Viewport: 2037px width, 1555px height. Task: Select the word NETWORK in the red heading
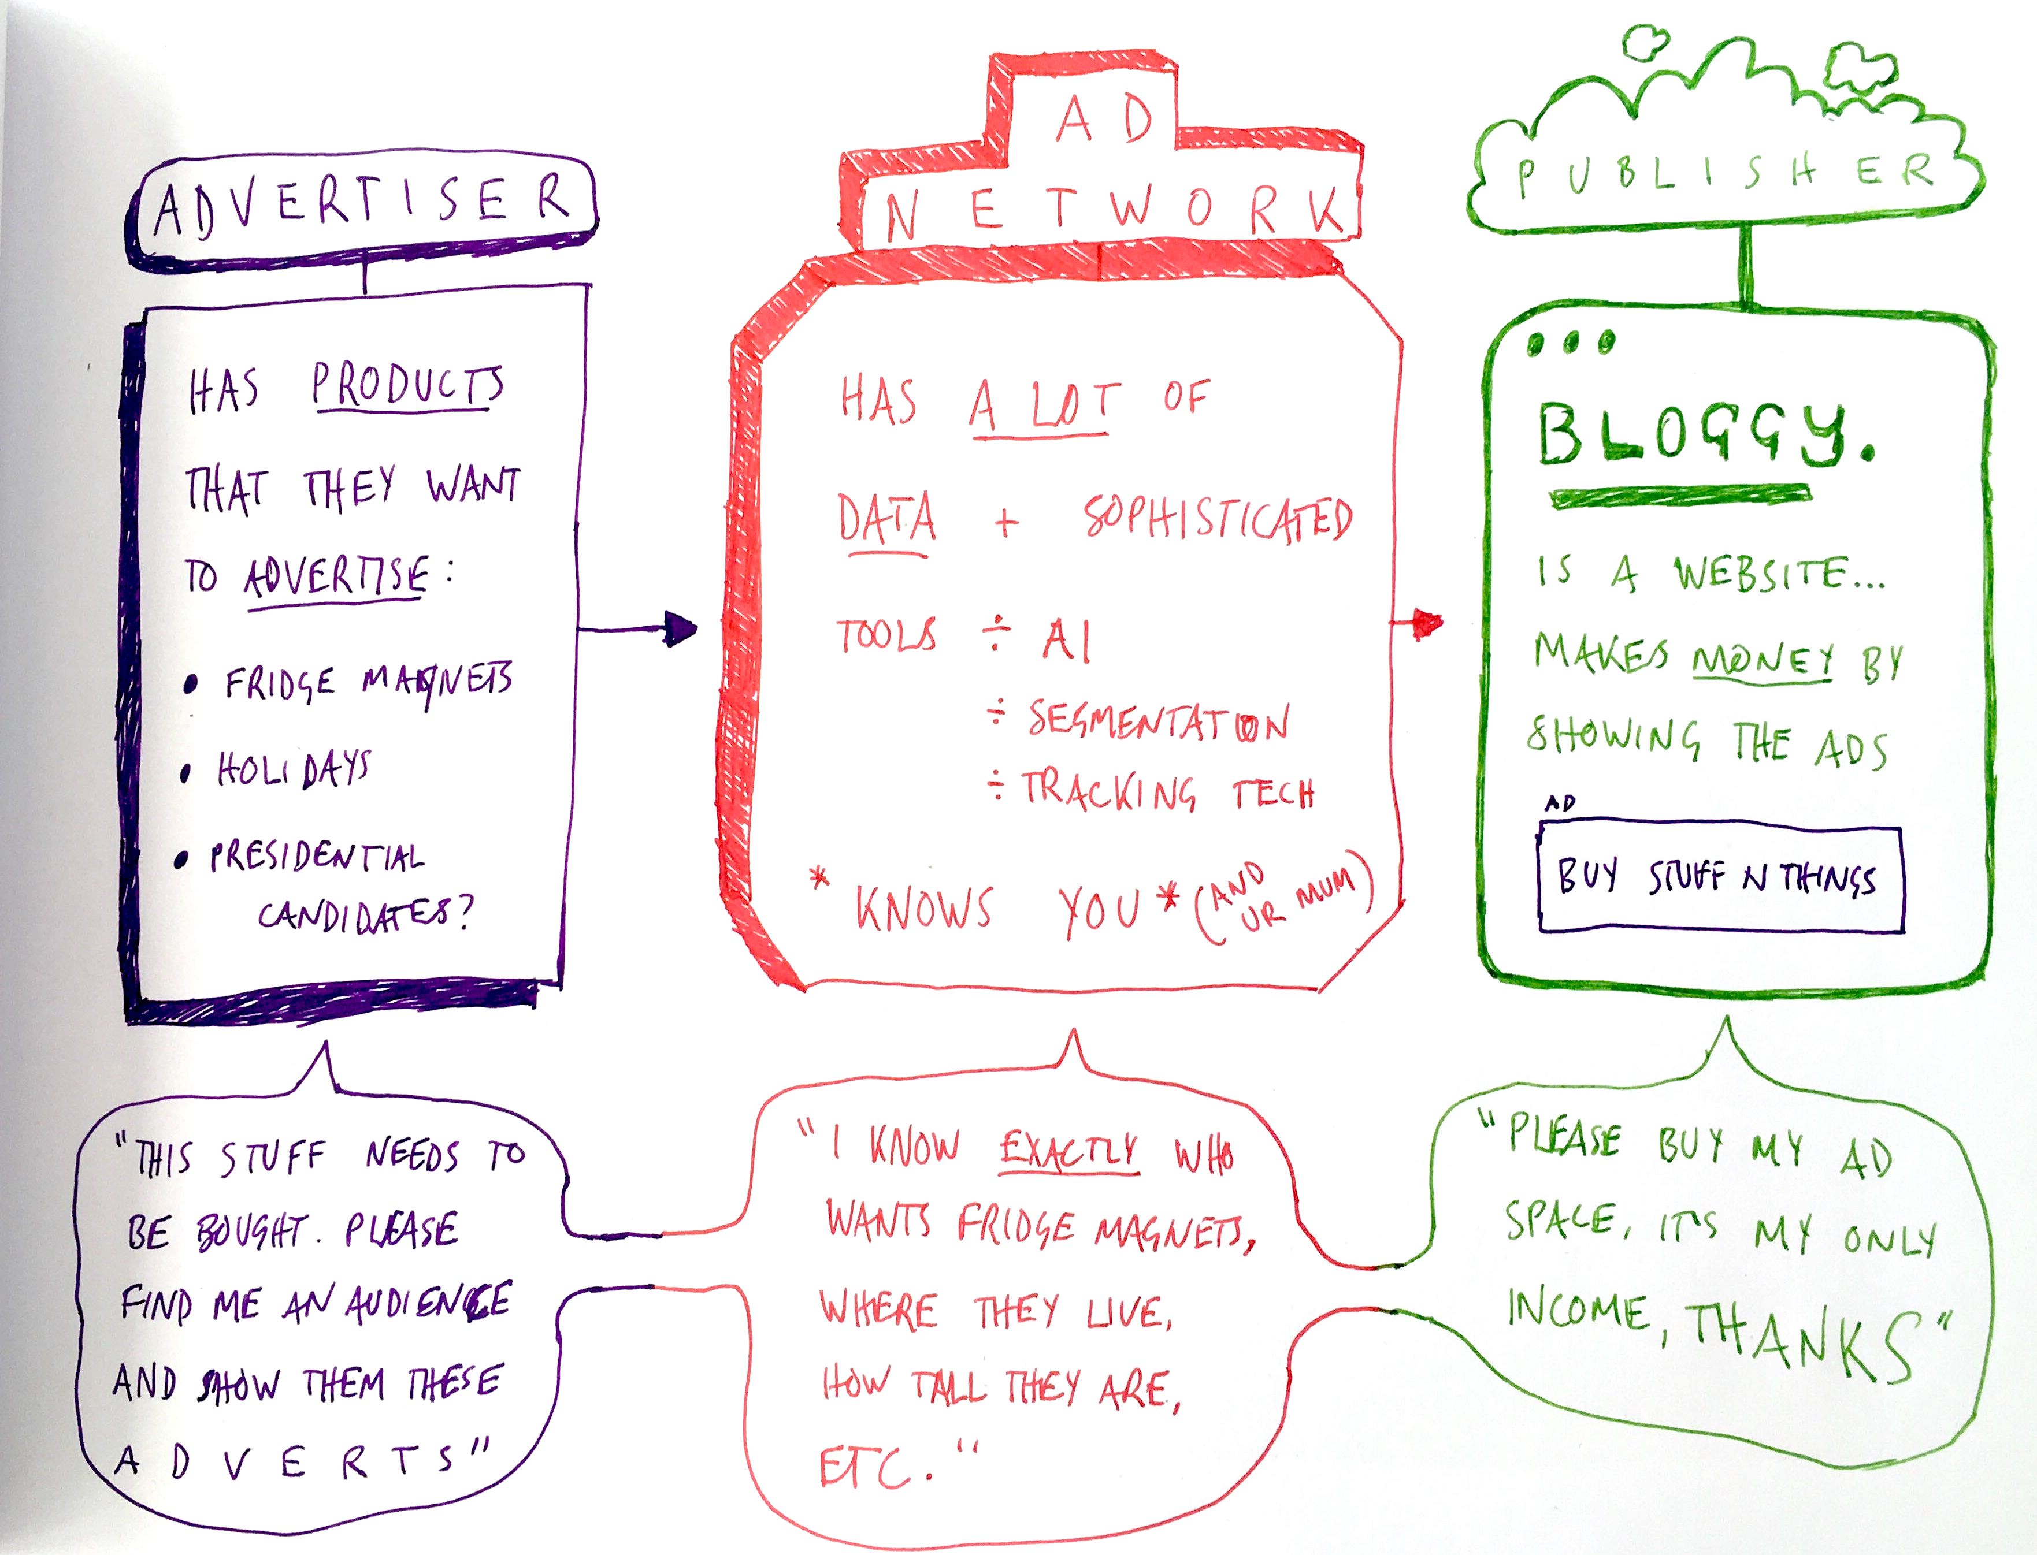[x=1111, y=211]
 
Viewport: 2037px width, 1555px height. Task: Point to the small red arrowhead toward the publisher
[x=1428, y=623]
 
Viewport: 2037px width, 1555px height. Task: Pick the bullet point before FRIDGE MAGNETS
[x=191, y=685]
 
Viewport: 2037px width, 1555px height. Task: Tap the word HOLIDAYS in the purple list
[x=292, y=768]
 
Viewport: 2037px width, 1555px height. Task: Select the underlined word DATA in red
[x=886, y=520]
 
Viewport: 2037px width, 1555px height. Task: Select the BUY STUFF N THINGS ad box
[x=1720, y=876]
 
